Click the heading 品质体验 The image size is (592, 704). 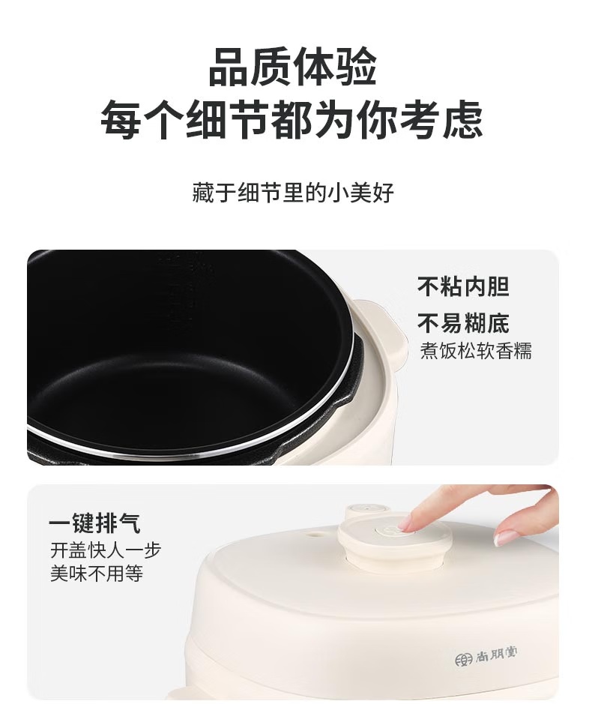(292, 67)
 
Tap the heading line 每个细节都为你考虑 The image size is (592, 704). (292, 119)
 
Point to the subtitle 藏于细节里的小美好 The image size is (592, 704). (293, 192)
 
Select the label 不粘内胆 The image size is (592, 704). (463, 286)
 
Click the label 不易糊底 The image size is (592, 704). (463, 323)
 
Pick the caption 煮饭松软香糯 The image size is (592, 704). (476, 350)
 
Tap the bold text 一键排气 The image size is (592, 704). (94, 523)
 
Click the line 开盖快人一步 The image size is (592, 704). (106, 550)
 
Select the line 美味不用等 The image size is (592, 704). (97, 573)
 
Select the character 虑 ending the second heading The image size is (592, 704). (463, 119)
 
